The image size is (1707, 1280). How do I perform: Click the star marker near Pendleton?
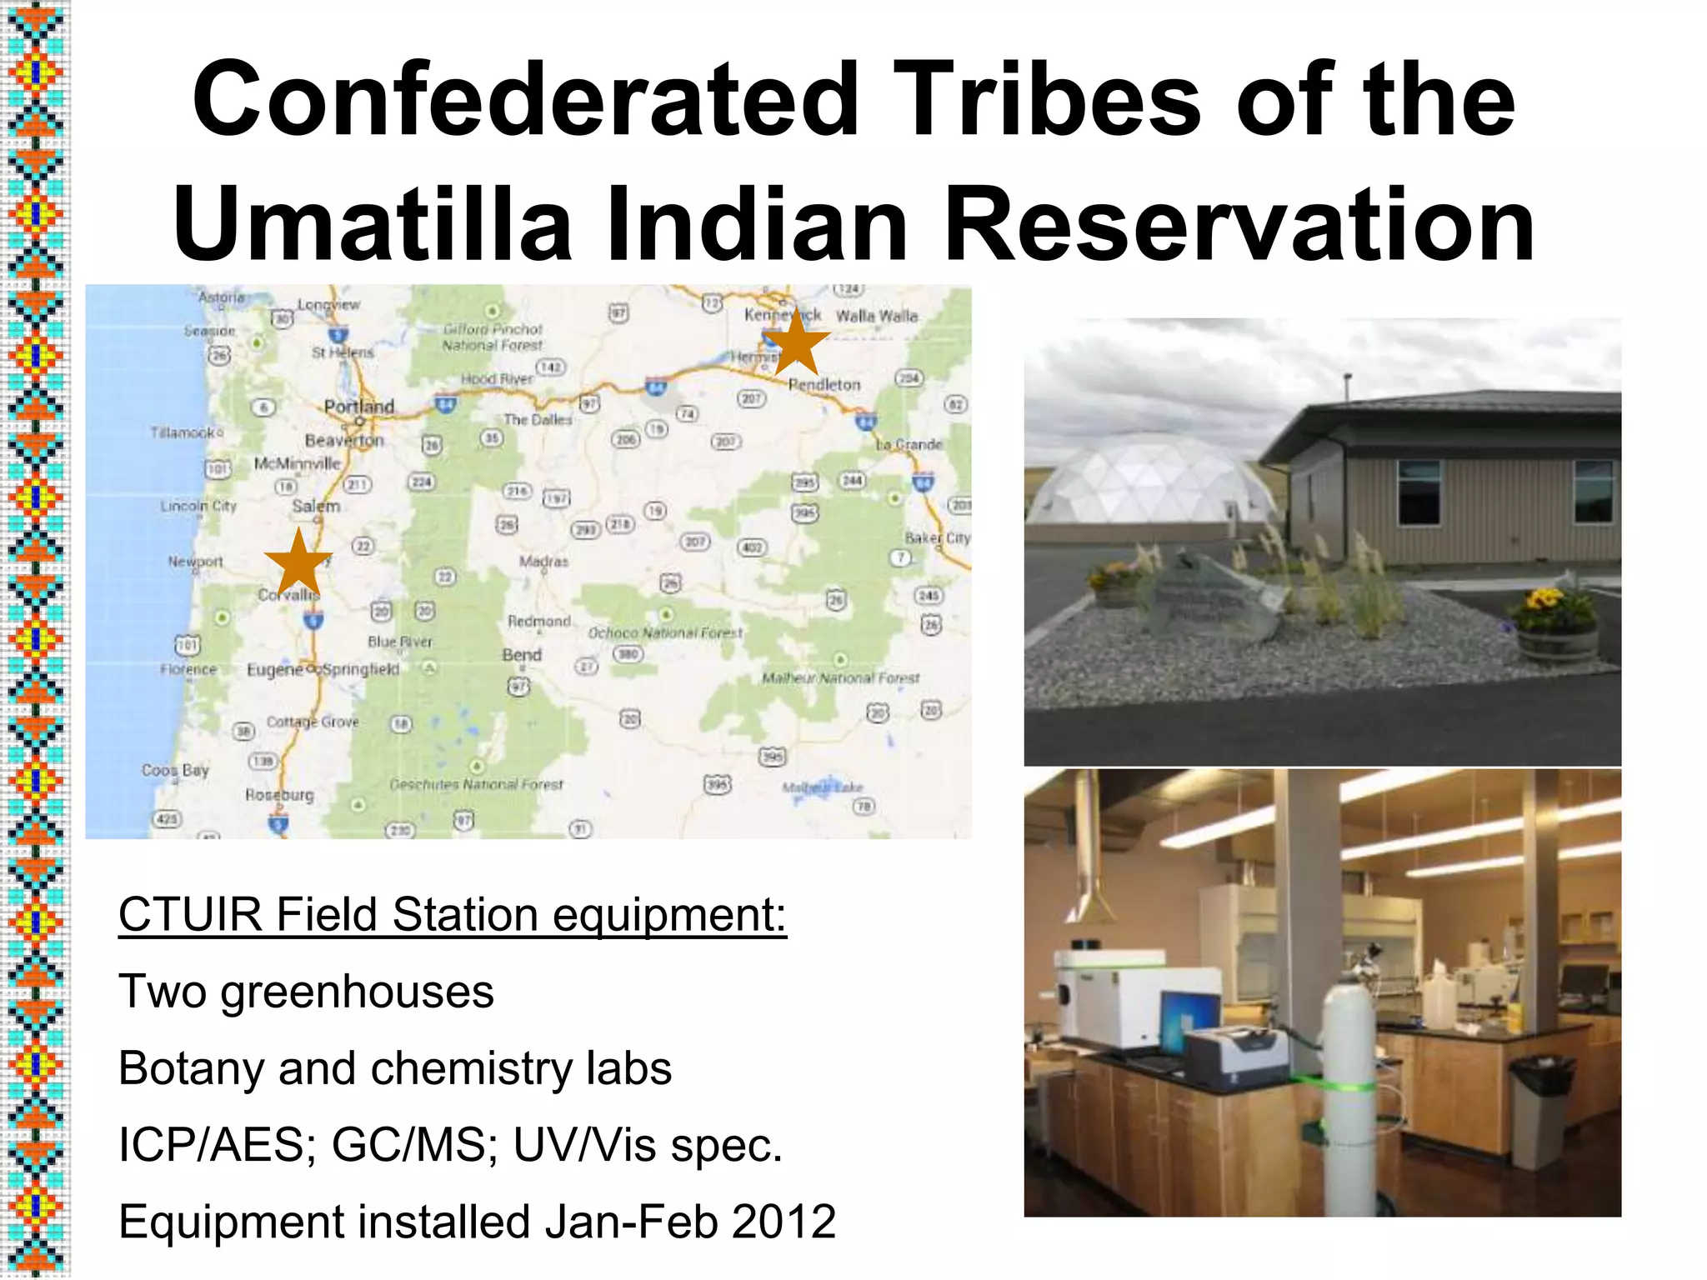coord(797,342)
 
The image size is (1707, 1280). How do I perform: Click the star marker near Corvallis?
coord(298,562)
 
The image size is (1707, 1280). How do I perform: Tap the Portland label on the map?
coord(359,407)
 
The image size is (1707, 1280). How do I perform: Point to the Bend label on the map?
coord(522,655)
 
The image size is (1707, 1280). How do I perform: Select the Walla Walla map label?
coord(876,316)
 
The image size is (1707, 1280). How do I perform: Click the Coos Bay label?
coord(175,770)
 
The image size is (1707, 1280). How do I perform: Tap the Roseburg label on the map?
coord(279,795)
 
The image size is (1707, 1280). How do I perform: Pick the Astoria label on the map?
coord(222,297)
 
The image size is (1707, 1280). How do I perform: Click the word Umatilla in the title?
coord(373,224)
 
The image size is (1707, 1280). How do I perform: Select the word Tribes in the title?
coord(1049,99)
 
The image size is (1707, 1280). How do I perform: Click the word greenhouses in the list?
coord(358,992)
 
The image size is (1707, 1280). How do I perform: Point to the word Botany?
coord(191,1068)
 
